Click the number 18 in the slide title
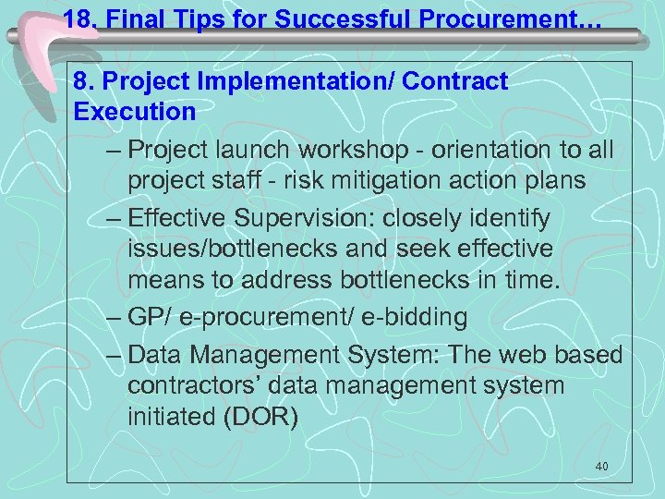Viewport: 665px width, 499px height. pos(79,18)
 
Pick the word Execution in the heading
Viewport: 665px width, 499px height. pos(134,113)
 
